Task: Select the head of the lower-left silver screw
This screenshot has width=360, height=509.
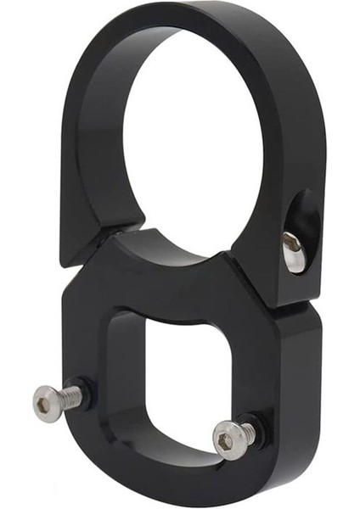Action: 47,402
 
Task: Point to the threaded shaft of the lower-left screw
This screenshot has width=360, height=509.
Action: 75,394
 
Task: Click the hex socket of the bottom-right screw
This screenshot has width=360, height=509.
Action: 224,440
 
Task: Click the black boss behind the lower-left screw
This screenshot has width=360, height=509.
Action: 90,390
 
